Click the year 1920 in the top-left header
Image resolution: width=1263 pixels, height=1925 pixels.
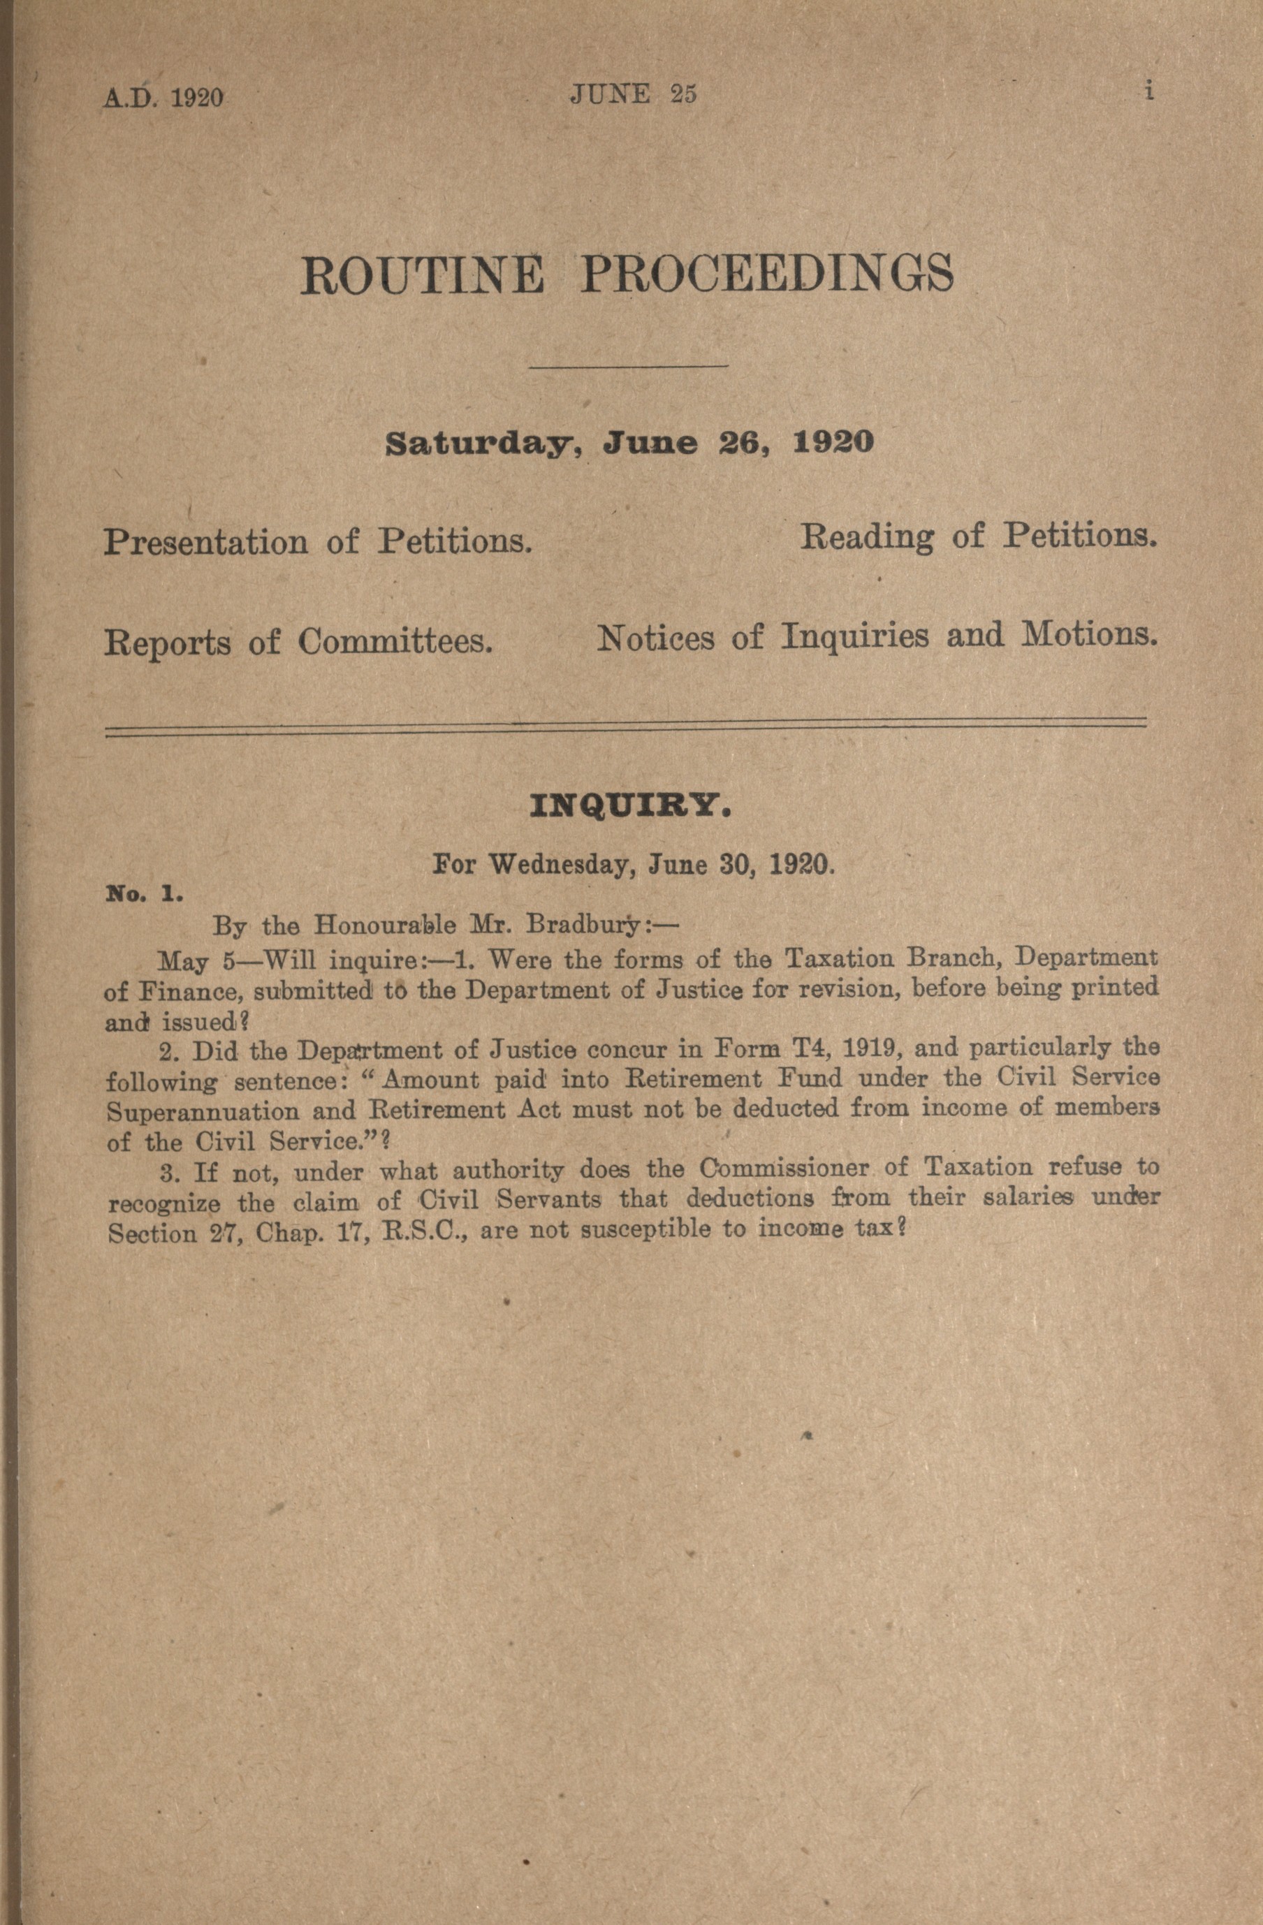(x=198, y=97)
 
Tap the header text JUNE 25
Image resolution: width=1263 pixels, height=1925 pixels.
(x=634, y=94)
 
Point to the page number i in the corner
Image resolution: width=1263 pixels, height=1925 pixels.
(x=1148, y=92)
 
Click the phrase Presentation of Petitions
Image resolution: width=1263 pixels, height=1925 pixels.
(x=318, y=541)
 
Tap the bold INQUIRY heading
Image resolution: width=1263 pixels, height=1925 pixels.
(x=631, y=807)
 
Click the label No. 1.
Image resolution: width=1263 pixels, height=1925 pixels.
(x=145, y=895)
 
